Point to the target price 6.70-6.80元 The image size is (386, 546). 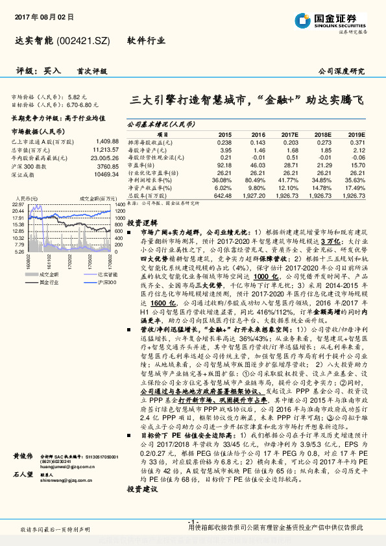(x=82, y=103)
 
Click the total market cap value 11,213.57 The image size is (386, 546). (x=105, y=148)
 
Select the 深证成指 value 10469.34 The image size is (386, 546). (x=106, y=174)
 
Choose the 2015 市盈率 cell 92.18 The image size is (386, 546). (x=223, y=165)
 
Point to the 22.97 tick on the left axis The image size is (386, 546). (x=18, y=204)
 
